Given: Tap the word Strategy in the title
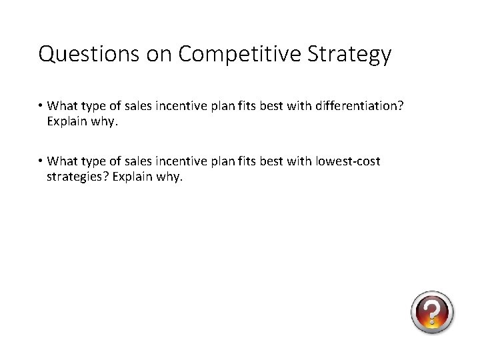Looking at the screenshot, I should tap(349, 54).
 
